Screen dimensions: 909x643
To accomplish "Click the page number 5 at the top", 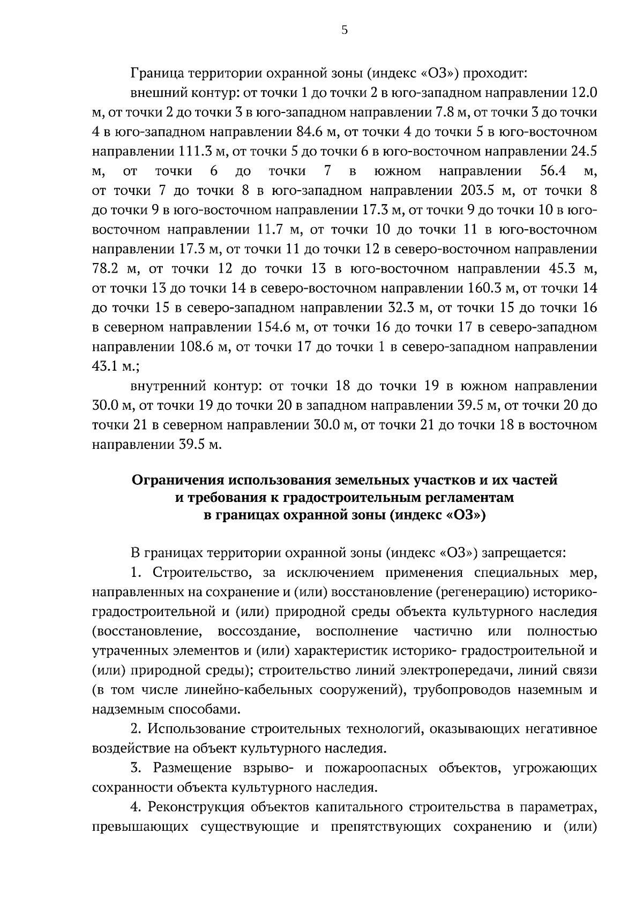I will [344, 31].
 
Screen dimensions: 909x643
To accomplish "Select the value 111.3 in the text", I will [198, 152].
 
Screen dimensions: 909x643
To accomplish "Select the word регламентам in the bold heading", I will [465, 498].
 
